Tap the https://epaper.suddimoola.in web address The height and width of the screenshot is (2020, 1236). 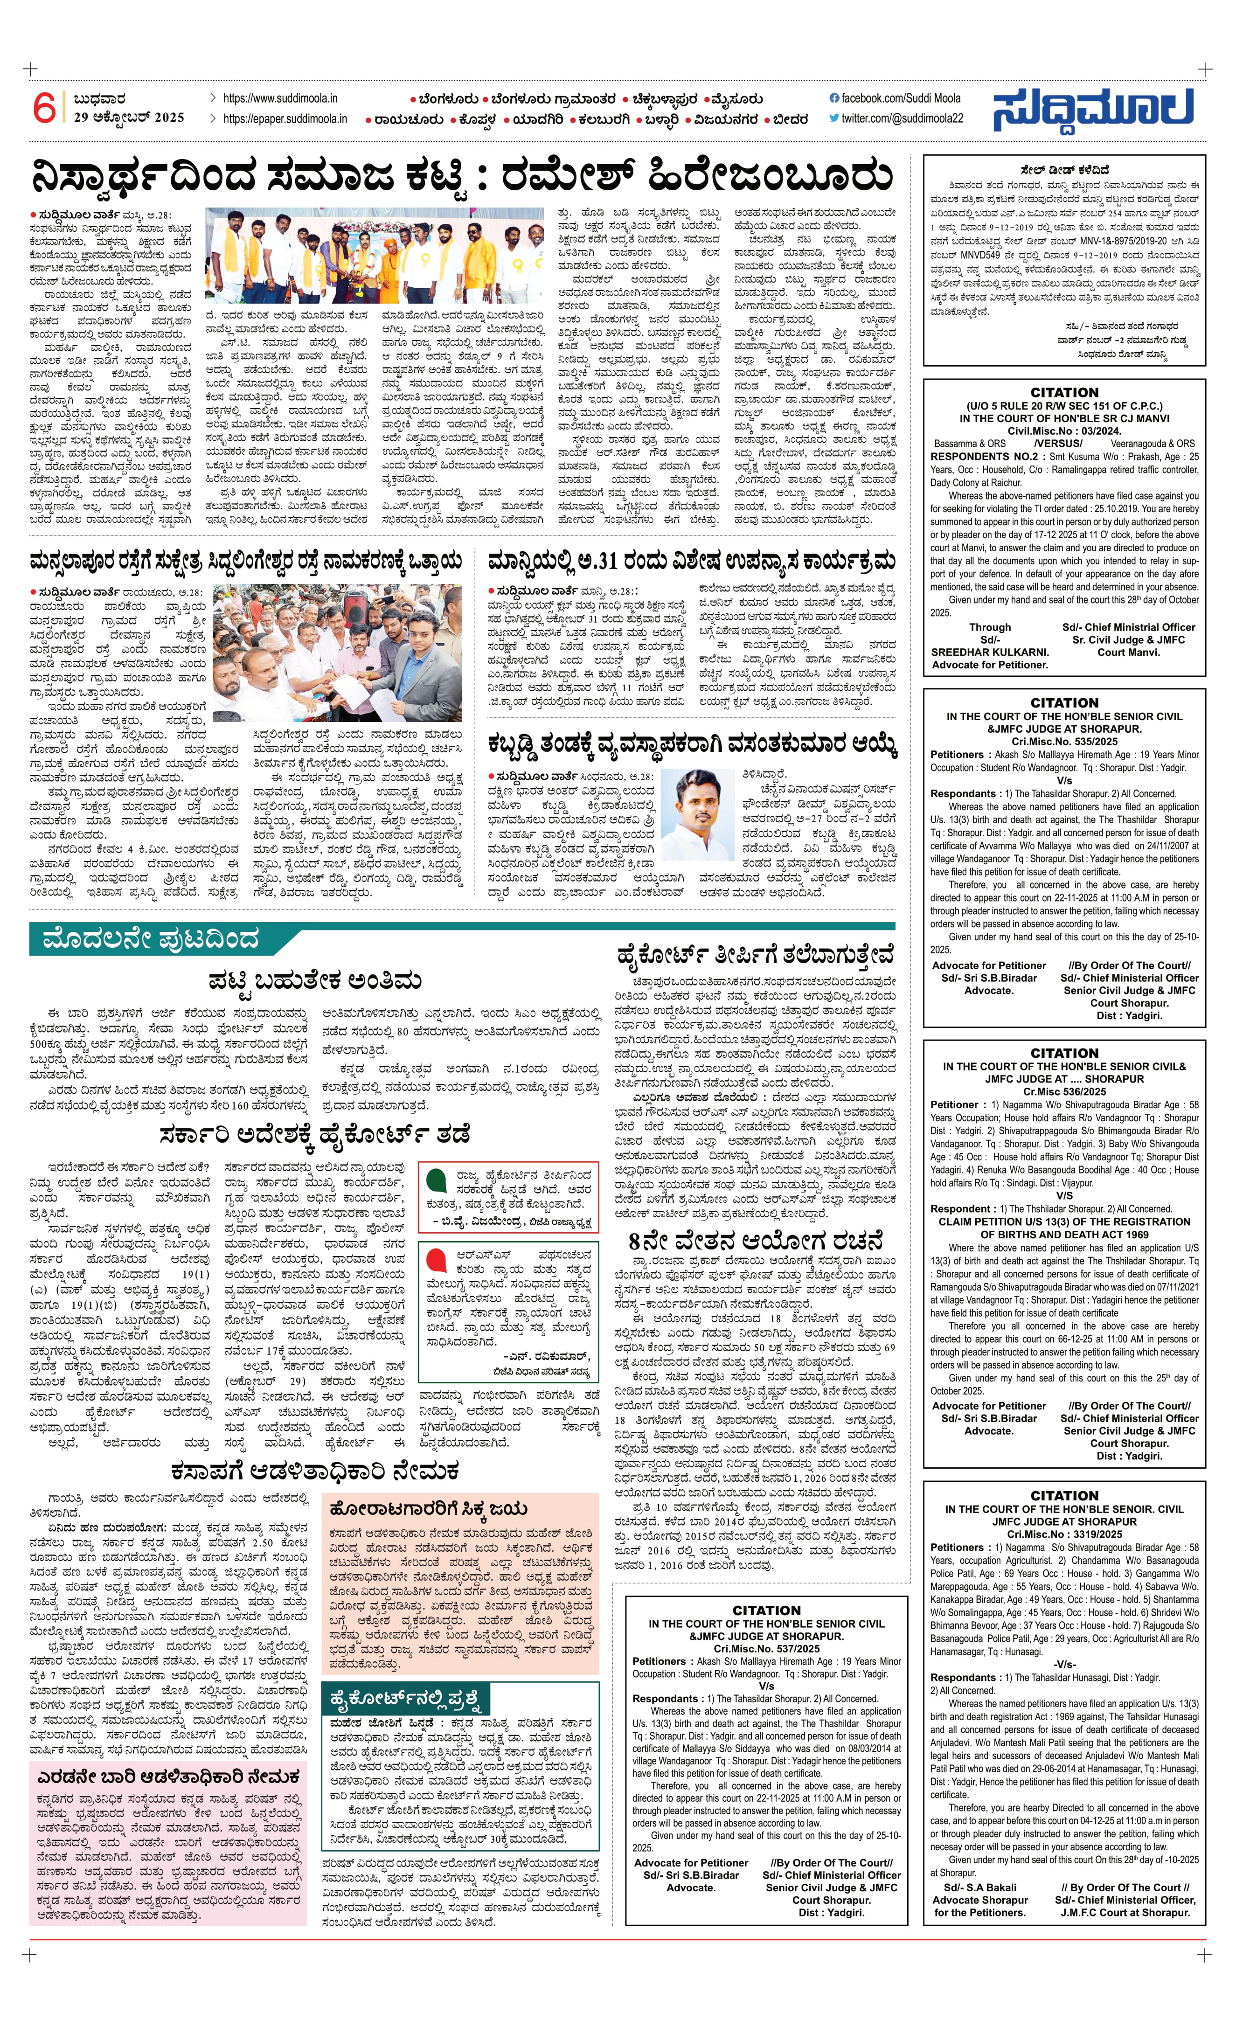[x=285, y=119]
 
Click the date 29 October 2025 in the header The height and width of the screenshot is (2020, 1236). [x=129, y=117]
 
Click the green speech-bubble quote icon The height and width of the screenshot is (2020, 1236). [x=436, y=1181]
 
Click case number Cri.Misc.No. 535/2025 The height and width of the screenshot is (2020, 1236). [x=1064, y=741]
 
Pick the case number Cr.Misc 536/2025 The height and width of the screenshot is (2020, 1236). [x=1064, y=1091]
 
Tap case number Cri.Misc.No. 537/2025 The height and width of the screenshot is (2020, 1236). [x=766, y=1649]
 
